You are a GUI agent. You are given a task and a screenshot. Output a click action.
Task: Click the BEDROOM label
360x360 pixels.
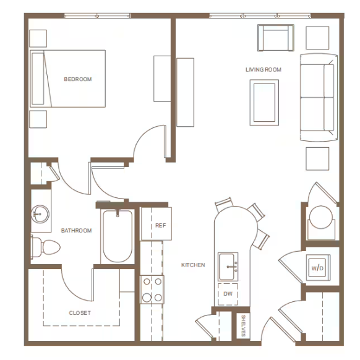pyautogui.click(x=78, y=79)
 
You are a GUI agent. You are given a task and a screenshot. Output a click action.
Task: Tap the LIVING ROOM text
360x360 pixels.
pyautogui.click(x=264, y=69)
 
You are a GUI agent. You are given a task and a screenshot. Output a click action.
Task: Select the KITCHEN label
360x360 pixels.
pyautogui.click(x=193, y=265)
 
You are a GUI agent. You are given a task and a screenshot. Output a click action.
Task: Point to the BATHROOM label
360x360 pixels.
pyautogui.click(x=77, y=230)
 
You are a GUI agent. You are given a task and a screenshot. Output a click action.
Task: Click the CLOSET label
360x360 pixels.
pyautogui.click(x=80, y=313)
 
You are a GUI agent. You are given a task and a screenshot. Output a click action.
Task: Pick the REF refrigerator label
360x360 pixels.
pyautogui.click(x=160, y=225)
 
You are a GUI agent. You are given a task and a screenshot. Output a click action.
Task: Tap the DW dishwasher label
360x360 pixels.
pyautogui.click(x=228, y=294)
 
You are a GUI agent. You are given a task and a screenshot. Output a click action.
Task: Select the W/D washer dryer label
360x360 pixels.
pyautogui.click(x=317, y=268)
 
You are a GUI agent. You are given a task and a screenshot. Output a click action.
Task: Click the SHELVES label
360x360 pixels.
pyautogui.click(x=243, y=326)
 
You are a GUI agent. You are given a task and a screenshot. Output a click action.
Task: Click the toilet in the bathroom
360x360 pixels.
pyautogui.click(x=45, y=247)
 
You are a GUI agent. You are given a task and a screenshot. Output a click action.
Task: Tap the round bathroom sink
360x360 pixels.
pyautogui.click(x=40, y=214)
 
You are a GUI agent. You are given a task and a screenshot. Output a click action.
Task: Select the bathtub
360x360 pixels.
pyautogui.click(x=118, y=236)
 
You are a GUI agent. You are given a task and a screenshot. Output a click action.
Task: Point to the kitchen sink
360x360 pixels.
pyautogui.click(x=228, y=267)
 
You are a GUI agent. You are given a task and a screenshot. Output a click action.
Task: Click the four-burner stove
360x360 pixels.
pyautogui.click(x=152, y=289)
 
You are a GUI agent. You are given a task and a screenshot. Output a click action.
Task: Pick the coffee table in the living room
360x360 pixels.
pyautogui.click(x=264, y=103)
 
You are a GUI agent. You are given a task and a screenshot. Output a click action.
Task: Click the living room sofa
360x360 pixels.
pyautogui.click(x=319, y=97)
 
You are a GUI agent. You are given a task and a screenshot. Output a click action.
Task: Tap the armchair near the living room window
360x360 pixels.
pyautogui.click(x=276, y=38)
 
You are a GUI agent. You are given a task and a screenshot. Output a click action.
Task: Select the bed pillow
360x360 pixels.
pyautogui.click(x=38, y=79)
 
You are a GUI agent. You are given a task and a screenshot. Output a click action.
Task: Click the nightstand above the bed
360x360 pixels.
pyautogui.click(x=38, y=38)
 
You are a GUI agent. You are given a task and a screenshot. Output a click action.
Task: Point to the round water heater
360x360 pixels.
pyautogui.click(x=321, y=217)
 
